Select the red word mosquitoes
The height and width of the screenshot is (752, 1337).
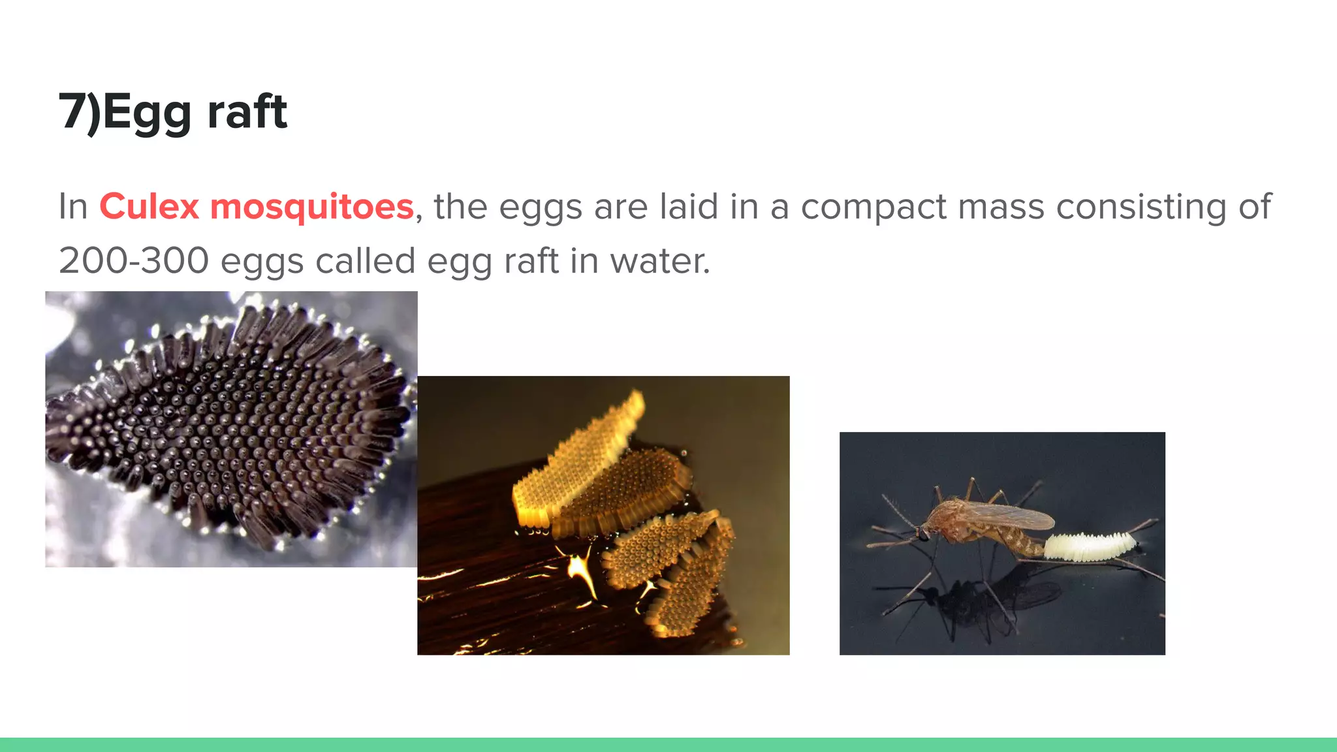[x=311, y=208]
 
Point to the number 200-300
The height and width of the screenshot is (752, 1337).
[x=133, y=260]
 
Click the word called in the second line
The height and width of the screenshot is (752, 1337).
[x=365, y=260]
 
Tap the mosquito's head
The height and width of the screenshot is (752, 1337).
[x=923, y=533]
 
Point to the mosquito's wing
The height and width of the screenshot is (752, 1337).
[x=1012, y=516]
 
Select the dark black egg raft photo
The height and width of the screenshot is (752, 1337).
[x=231, y=429]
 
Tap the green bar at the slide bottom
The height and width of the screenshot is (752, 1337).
[x=668, y=745]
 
